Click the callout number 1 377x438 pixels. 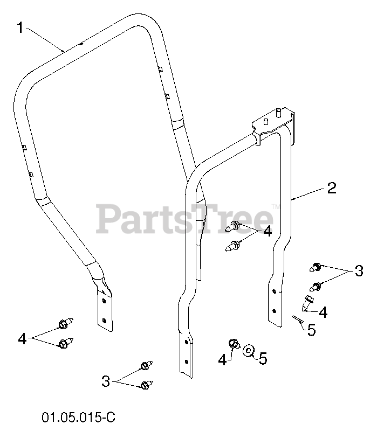[19, 27]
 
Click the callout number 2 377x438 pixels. [331, 188]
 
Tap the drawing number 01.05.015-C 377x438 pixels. [78, 418]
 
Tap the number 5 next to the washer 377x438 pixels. [263, 358]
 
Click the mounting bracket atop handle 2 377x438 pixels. [272, 121]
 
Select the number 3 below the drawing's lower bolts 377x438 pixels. [105, 381]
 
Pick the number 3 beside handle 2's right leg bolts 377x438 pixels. [359, 272]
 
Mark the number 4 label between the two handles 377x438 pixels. [267, 232]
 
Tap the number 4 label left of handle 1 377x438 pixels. [22, 338]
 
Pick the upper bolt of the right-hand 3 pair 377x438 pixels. [316, 266]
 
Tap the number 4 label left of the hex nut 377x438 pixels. [222, 359]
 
